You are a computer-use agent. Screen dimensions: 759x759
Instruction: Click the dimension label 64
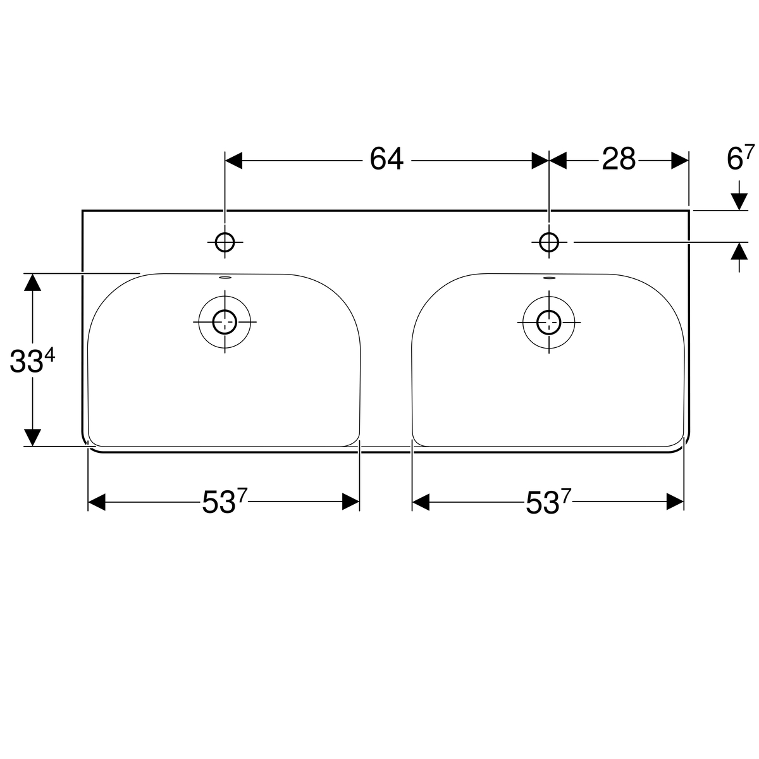[x=386, y=159]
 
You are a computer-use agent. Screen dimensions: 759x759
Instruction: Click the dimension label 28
[x=619, y=159]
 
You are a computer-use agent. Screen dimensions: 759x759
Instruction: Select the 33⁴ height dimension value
[x=32, y=361]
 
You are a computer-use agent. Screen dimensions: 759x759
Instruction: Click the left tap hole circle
[x=225, y=242]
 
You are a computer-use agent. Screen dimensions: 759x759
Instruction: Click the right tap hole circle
[x=548, y=242]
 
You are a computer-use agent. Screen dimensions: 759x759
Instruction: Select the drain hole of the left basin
[x=225, y=322]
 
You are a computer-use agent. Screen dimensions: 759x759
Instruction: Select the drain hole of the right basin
[x=548, y=322]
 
